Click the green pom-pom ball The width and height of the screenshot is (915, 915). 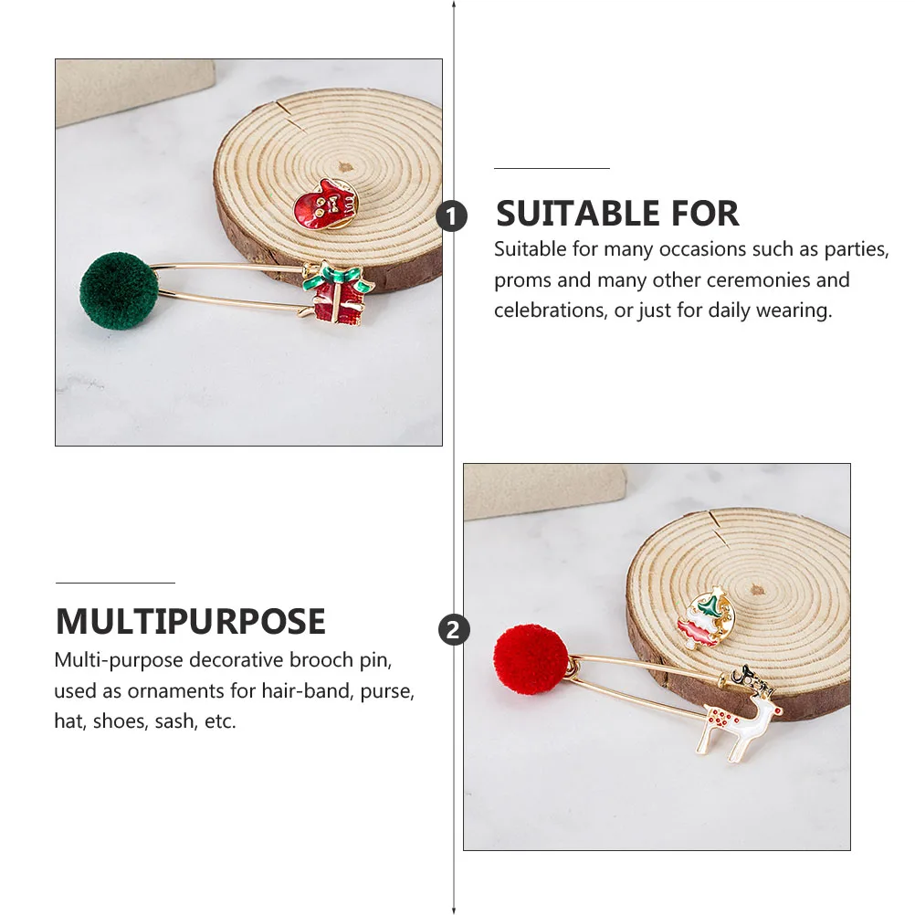(x=119, y=290)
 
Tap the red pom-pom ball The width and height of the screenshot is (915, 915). (x=531, y=659)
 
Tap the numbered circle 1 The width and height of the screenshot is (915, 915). (x=451, y=216)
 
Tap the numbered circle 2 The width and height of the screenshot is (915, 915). (x=454, y=630)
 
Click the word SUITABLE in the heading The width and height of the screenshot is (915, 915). (x=580, y=214)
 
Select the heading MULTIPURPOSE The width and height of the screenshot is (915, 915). (x=191, y=622)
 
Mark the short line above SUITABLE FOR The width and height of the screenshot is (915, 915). (x=552, y=169)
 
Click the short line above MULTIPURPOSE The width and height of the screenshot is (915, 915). (x=115, y=583)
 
